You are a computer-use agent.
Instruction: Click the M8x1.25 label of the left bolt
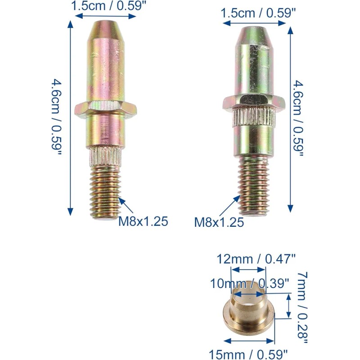[143, 221]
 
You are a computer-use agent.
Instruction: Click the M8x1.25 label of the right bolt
[219, 222]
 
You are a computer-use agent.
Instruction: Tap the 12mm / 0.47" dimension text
[256, 259]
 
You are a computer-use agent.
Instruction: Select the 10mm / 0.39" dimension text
[249, 283]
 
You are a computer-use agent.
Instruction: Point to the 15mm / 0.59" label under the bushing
[248, 354]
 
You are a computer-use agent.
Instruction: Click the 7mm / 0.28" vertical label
[302, 308]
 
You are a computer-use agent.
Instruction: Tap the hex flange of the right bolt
[254, 102]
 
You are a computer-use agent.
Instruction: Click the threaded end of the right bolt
[254, 186]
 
